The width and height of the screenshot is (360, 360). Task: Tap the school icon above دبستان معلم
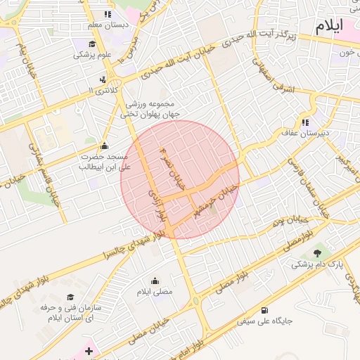pyautogui.click(x=108, y=14)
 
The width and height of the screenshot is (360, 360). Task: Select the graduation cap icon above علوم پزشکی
pyautogui.click(x=91, y=44)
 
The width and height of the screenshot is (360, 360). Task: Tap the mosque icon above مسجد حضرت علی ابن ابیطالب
pyautogui.click(x=105, y=146)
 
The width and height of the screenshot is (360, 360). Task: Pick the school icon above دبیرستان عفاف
pyautogui.click(x=306, y=121)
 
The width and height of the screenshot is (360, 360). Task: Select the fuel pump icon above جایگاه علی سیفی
pyautogui.click(x=264, y=309)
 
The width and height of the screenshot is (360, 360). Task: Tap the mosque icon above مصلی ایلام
pyautogui.click(x=155, y=281)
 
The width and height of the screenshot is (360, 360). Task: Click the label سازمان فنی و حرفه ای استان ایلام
pyautogui.click(x=70, y=314)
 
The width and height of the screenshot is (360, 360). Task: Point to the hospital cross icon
pyautogui.click(x=89, y=349)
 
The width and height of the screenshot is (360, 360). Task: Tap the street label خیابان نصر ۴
pyautogui.click(x=173, y=171)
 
